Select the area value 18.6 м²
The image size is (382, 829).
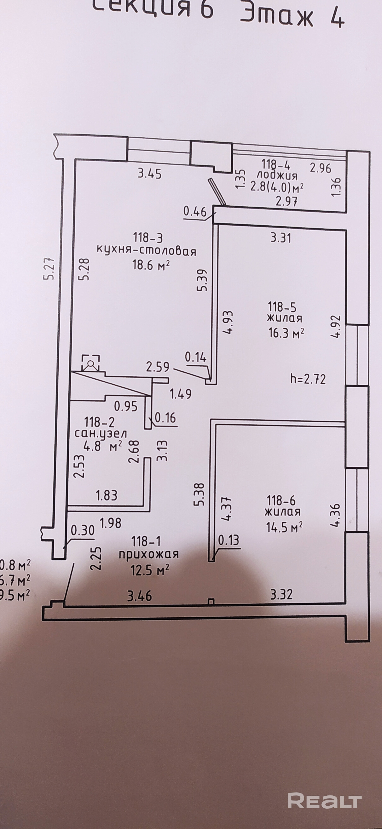(150, 265)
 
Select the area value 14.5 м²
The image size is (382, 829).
(284, 527)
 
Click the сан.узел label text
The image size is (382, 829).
(101, 434)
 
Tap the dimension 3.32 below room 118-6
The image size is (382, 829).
(281, 594)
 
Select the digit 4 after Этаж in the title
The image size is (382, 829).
(336, 16)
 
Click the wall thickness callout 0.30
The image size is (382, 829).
(83, 530)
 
